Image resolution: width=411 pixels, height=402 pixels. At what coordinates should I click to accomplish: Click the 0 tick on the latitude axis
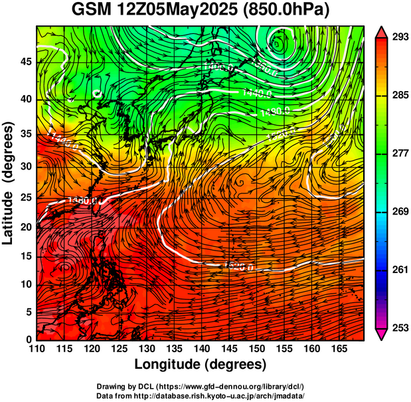click(x=29, y=340)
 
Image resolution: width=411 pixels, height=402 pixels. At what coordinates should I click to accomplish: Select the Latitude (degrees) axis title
click(x=9, y=183)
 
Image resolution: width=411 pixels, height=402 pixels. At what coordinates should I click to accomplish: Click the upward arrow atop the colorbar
click(x=381, y=32)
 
